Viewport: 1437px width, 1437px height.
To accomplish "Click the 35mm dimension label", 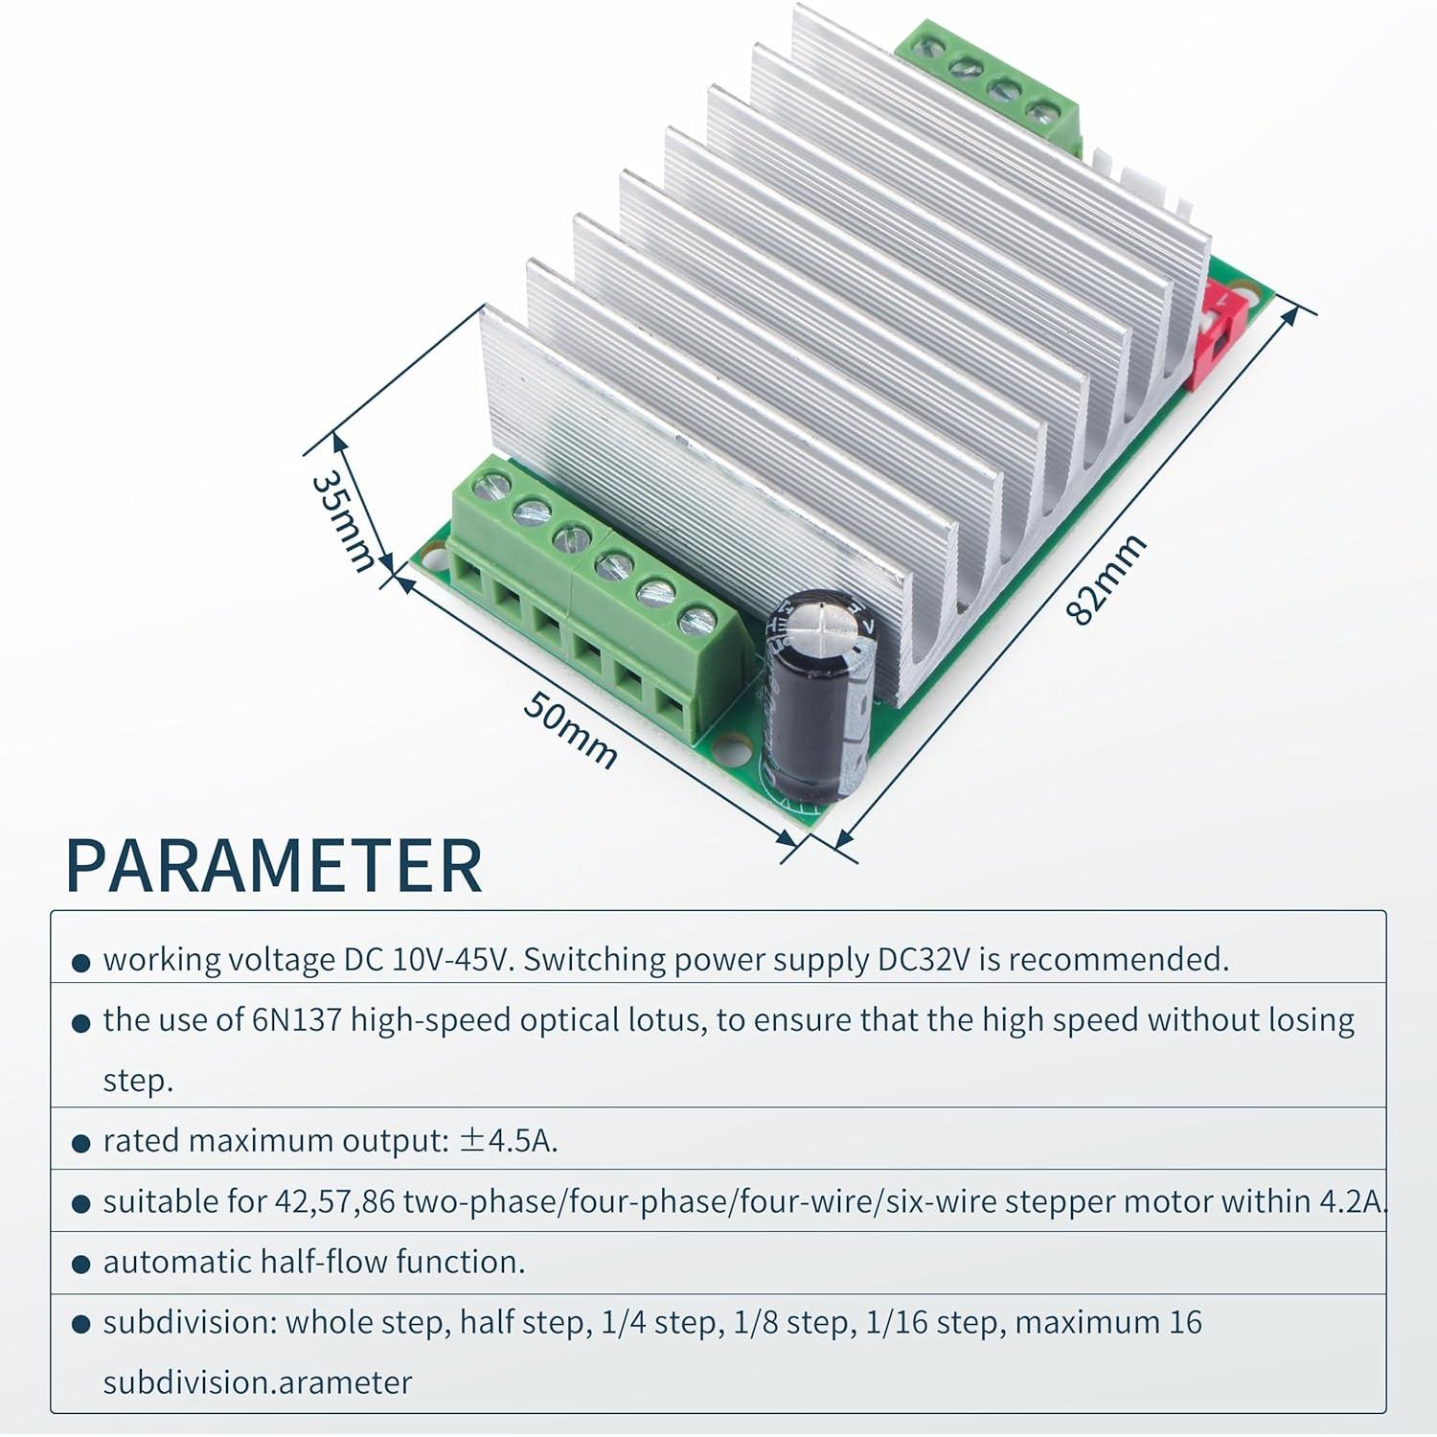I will click(x=343, y=520).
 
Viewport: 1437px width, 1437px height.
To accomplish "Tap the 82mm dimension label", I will click(x=1106, y=581).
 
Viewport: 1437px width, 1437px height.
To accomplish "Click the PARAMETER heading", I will click(x=274, y=866).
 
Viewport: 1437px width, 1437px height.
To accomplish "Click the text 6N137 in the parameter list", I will click(x=297, y=1020).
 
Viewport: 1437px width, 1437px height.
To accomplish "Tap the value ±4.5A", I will click(x=509, y=1141).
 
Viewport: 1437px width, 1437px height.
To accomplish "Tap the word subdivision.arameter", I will click(x=258, y=1382).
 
